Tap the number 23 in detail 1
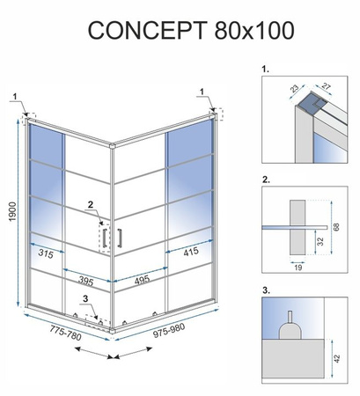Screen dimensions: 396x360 (293, 88)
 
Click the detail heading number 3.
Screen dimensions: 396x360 (265, 290)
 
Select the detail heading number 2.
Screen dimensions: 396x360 (265, 179)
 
